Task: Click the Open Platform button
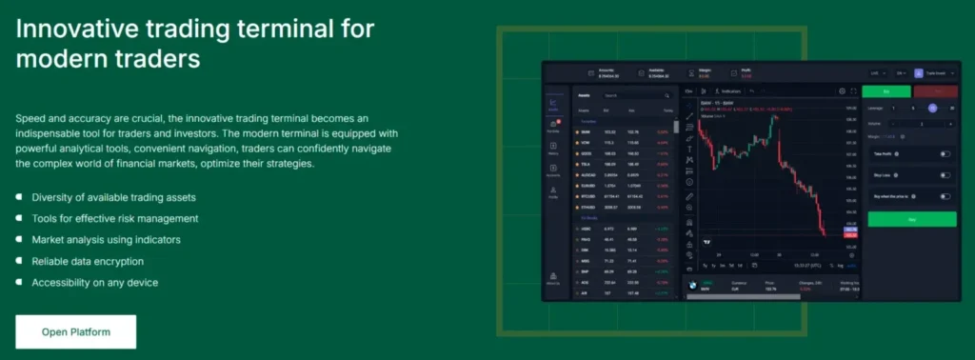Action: click(76, 331)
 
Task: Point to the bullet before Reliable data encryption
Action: click(19, 261)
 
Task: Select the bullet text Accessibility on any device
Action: click(94, 283)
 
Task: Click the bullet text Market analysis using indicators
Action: click(106, 240)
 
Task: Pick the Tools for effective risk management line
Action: click(114, 219)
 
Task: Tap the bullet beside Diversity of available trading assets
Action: click(19, 198)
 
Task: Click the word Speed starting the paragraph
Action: click(31, 118)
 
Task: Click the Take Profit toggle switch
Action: click(945, 153)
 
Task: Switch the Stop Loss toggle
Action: click(945, 175)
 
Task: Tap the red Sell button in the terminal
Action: click(935, 91)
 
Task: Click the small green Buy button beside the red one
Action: click(885, 91)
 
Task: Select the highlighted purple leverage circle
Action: click(932, 108)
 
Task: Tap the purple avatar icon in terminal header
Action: click(918, 72)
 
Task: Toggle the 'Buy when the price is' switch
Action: click(945, 196)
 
